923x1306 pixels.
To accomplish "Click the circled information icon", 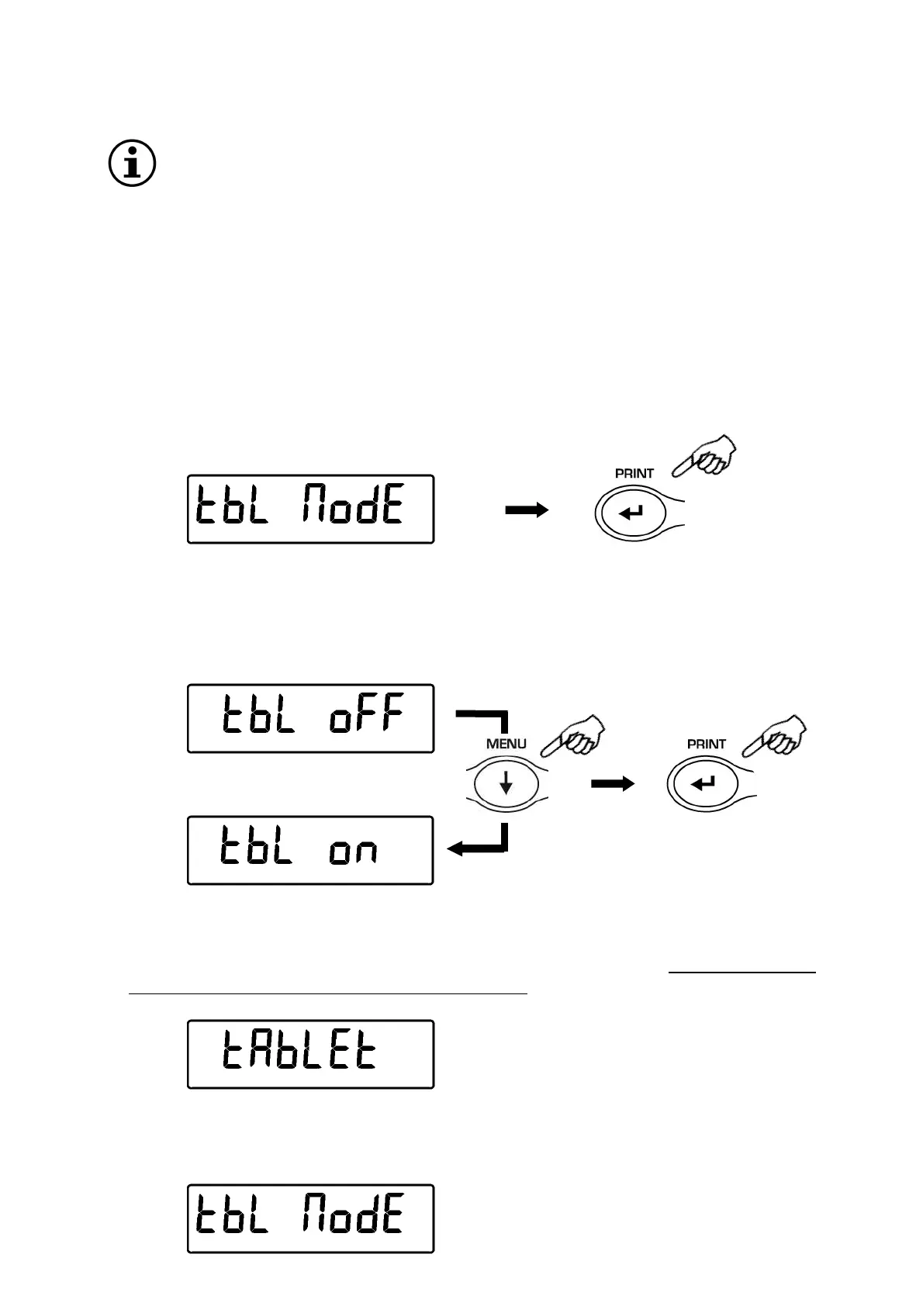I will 130,164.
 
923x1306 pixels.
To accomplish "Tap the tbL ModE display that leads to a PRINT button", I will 310,509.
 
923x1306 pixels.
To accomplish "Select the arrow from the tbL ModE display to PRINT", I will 527,510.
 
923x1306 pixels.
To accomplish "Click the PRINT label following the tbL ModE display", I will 634,472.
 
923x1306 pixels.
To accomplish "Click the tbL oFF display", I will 310,718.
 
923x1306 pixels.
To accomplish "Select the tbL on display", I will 310,850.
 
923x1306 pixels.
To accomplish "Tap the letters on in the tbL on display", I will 353,852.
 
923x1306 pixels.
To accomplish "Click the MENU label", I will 506,743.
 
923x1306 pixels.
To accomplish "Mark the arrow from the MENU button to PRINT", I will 613,784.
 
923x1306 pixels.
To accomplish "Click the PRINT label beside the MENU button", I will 706,743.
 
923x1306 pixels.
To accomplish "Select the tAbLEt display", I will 310,1054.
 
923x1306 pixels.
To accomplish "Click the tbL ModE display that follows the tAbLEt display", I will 310,1218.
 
